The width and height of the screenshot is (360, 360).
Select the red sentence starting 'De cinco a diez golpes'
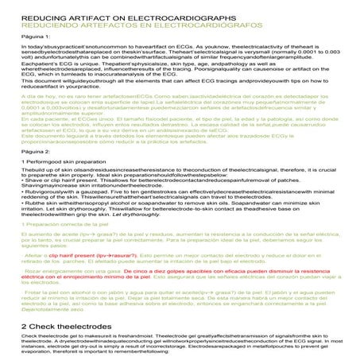click(207, 293)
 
